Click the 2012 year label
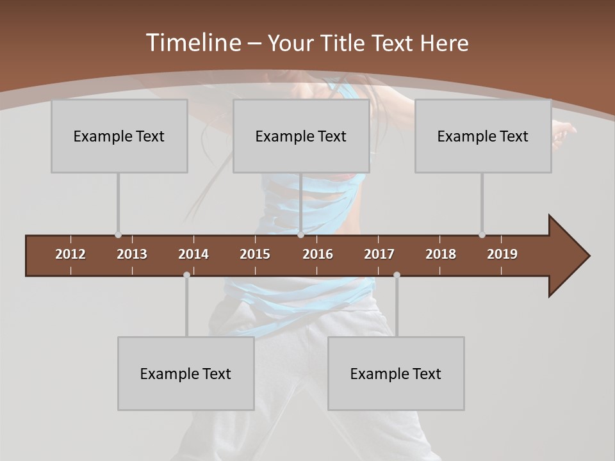tap(70, 254)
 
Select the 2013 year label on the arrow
tap(132, 254)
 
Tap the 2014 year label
tap(193, 254)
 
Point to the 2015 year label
tap(255, 254)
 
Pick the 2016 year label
tap(318, 254)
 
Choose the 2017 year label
tap(379, 254)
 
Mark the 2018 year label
tap(441, 254)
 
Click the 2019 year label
tap(502, 254)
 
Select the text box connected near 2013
tap(119, 136)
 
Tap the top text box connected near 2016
tap(301, 136)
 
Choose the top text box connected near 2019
tap(483, 136)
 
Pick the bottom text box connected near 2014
tap(186, 373)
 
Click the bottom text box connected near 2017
tap(396, 373)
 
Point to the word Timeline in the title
tap(192, 43)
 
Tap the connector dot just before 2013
tap(118, 235)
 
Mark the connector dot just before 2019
tap(482, 235)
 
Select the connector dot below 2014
tap(186, 275)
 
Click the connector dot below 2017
tap(397, 275)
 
